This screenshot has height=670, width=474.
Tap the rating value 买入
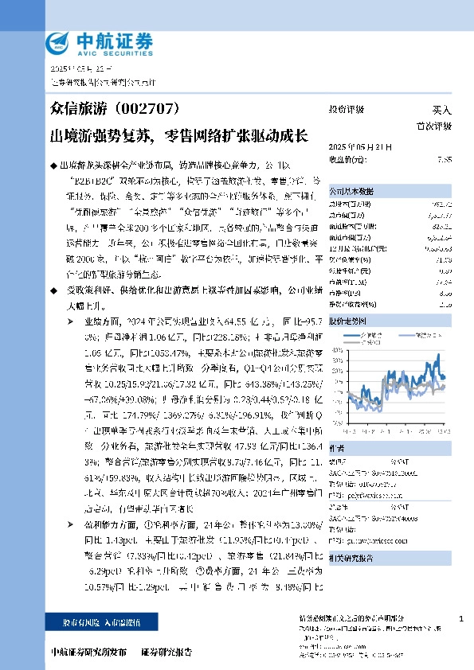(441, 109)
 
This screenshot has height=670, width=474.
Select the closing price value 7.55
(445, 160)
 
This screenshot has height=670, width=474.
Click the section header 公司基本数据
(351, 192)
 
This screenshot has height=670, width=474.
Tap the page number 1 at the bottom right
(461, 618)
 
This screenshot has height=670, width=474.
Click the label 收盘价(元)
(347, 160)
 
